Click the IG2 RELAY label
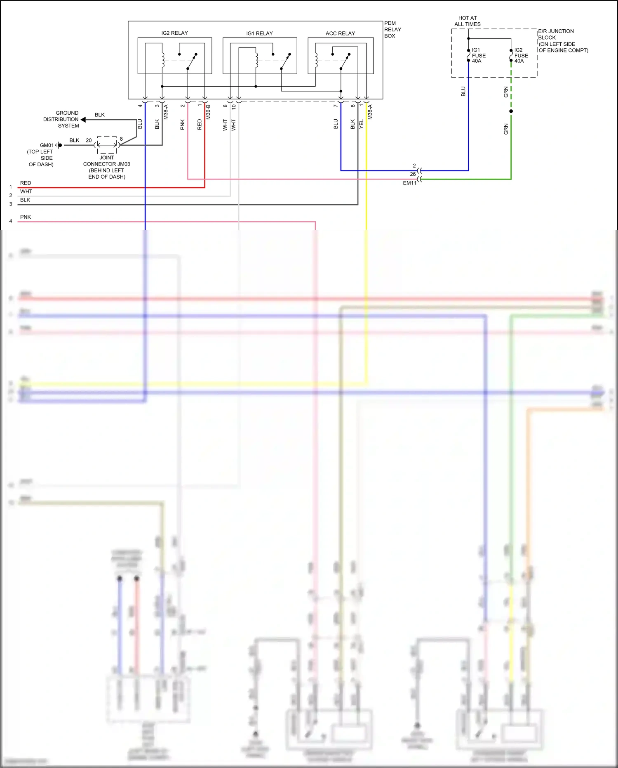pyautogui.click(x=174, y=33)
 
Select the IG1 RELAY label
pyautogui.click(x=259, y=33)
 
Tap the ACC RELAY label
pyautogui.click(x=340, y=33)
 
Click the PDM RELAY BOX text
pyautogui.click(x=392, y=29)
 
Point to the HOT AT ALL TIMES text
pyautogui.click(x=468, y=21)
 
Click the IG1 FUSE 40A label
pyautogui.click(x=479, y=55)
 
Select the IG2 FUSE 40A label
pyautogui.click(x=521, y=55)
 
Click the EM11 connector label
pyautogui.click(x=409, y=183)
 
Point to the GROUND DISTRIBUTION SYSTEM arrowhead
pyautogui.click(x=83, y=120)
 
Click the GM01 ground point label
pyautogui.click(x=47, y=145)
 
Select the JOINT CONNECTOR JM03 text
pyautogui.click(x=106, y=164)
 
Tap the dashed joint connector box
pyautogui.click(x=107, y=145)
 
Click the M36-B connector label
pyautogui.click(x=208, y=112)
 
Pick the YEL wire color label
pyautogui.click(x=362, y=124)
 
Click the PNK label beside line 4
pyautogui.click(x=26, y=217)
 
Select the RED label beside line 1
pyautogui.click(x=26, y=183)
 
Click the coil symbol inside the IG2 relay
pyautogui.click(x=163, y=60)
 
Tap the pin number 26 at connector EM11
pyautogui.click(x=413, y=174)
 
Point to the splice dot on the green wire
pyautogui.click(x=511, y=111)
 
